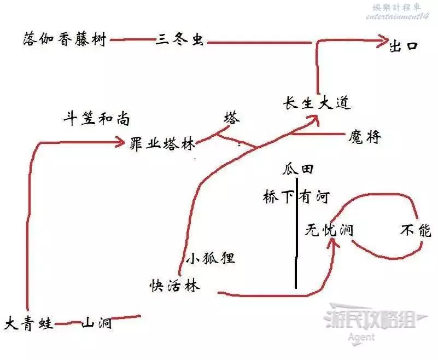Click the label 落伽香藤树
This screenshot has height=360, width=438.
tap(65, 39)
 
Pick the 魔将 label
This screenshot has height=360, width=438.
tap(364, 137)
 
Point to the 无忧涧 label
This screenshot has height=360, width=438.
tap(329, 230)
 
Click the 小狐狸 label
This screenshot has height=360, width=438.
tap(211, 258)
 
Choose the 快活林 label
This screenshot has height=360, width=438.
tap(175, 286)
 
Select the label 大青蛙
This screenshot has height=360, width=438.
tap(29, 324)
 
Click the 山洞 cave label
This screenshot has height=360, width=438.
tap(97, 324)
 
